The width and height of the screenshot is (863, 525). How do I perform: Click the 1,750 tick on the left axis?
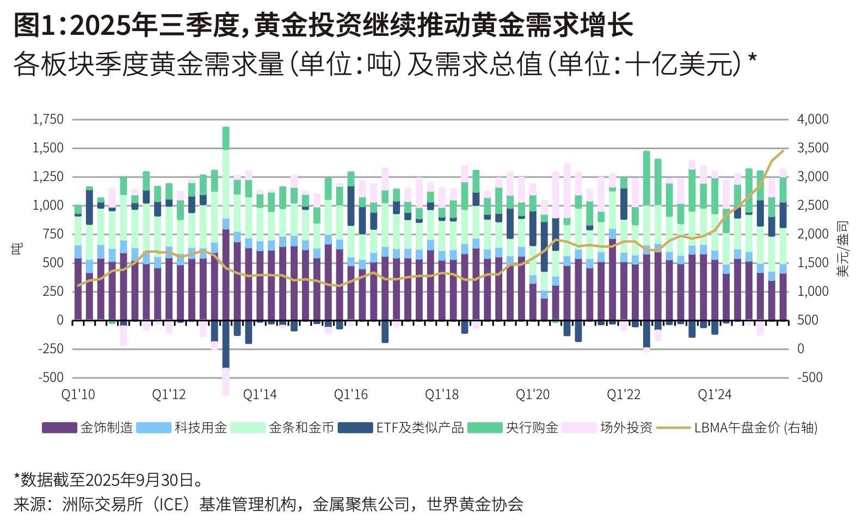(x=48, y=119)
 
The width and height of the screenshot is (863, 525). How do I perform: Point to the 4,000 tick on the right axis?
(x=813, y=119)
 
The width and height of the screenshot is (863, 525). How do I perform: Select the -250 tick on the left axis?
(x=51, y=349)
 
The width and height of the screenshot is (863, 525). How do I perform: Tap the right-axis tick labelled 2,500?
(x=813, y=205)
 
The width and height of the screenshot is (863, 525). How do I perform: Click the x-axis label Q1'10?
(x=78, y=394)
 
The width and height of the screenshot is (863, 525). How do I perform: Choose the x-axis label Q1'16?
(x=350, y=394)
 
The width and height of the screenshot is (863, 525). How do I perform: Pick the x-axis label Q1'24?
(x=714, y=394)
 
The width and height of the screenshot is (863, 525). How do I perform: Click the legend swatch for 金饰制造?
(x=59, y=428)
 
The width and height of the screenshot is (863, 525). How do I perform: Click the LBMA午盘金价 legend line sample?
(x=673, y=428)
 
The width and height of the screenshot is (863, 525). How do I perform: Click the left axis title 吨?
(x=17, y=248)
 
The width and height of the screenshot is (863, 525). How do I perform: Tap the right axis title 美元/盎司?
(x=842, y=248)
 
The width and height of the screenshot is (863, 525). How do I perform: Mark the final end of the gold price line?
(x=783, y=151)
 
